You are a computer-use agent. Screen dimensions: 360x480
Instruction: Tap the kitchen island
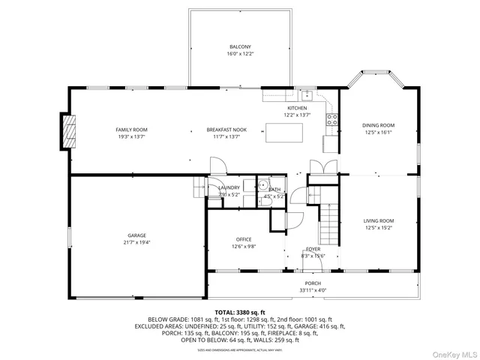click(285, 133)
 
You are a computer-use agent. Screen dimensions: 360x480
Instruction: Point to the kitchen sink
click(306, 95)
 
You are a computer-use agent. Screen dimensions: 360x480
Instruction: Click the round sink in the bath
click(263, 186)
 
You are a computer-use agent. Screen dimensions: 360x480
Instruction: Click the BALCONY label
click(240, 46)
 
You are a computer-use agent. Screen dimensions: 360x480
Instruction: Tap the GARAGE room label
click(136, 235)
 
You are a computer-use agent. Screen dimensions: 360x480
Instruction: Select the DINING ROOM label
click(378, 125)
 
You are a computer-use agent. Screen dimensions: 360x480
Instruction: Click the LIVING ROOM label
click(379, 220)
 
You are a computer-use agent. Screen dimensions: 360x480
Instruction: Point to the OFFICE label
click(244, 239)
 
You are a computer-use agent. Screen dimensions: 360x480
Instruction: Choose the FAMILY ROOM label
click(131, 130)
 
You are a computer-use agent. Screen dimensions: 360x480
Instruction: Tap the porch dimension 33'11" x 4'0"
click(313, 290)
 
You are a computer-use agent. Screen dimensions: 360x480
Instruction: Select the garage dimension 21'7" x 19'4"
click(136, 242)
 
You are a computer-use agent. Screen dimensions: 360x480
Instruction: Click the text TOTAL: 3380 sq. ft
click(240, 311)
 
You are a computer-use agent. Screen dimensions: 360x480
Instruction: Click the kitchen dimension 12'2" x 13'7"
click(297, 115)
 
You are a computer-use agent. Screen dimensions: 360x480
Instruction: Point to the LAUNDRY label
click(229, 187)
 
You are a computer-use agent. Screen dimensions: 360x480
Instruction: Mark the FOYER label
click(313, 249)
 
